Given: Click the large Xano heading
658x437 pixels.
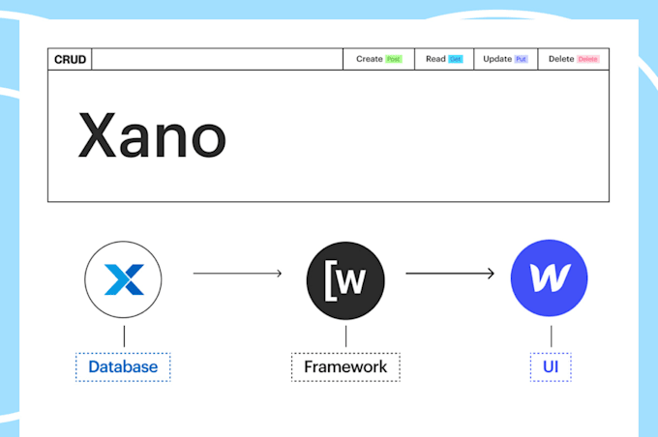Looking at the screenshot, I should pos(151,136).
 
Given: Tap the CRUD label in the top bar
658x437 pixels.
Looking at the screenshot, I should pos(70,59).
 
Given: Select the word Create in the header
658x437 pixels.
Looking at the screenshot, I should pos(370,59).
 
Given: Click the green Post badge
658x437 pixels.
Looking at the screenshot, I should pos(393,59).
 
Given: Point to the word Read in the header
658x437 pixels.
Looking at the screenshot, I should pos(435,59).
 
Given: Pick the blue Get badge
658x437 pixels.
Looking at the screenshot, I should pos(455,59).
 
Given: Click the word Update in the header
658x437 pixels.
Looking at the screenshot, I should pos(497,59).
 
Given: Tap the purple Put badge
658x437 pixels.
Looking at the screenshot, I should pos(522,59).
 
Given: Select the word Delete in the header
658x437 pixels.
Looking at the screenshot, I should pos(561,59).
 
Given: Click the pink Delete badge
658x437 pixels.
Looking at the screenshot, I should pos(587,59).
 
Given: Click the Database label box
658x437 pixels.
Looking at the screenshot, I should pos(123,367).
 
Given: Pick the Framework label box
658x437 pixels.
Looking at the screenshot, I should pos(345,367).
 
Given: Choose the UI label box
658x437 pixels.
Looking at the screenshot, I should pos(551,367).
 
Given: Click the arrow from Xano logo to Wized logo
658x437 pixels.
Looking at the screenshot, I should pos(237,274).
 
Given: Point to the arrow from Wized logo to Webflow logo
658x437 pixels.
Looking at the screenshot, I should pos(451,274).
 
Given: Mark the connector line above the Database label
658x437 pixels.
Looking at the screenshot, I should pos(123,336).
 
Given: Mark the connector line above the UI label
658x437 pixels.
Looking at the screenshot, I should pos(551,336).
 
